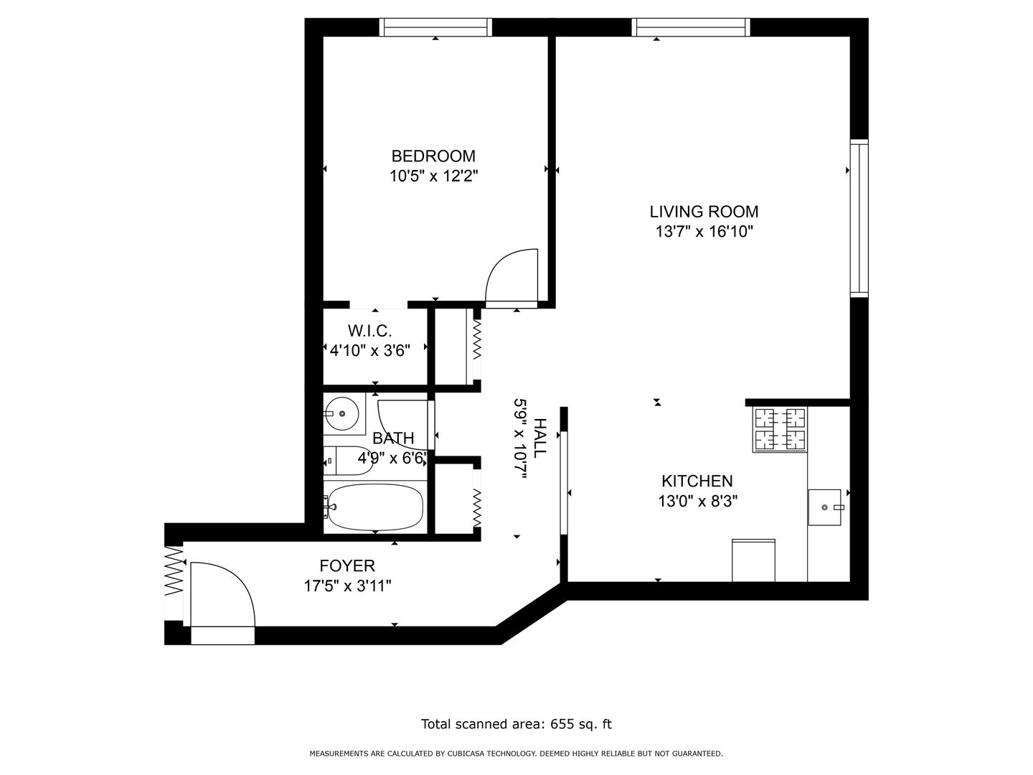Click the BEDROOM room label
[x=433, y=156]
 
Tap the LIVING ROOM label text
[x=704, y=212]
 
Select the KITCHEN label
[x=697, y=481]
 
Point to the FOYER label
[x=347, y=565]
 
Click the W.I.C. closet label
[x=369, y=331]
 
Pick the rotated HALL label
[x=539, y=438]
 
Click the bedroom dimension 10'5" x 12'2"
[x=433, y=177]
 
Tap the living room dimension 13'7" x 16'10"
[x=704, y=232]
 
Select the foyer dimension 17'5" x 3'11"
[x=347, y=586]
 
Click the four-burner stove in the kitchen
[x=779, y=430]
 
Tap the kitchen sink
[x=825, y=507]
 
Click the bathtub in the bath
[x=375, y=507]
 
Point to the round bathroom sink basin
[x=342, y=413]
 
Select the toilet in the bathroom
[x=348, y=461]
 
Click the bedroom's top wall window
[x=435, y=27]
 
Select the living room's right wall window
[x=859, y=218]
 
